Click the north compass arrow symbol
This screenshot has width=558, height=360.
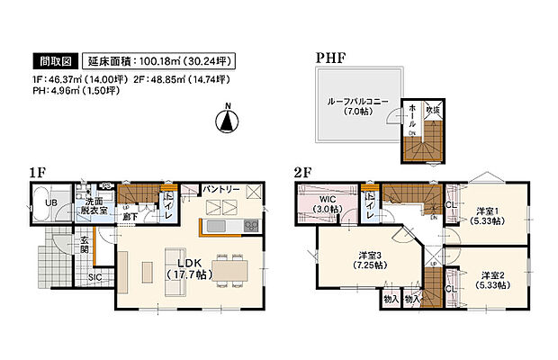pos(228,119)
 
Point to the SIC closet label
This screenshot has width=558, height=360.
pos(94,278)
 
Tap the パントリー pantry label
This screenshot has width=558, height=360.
pos(220,191)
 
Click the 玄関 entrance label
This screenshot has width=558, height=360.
pos(85,246)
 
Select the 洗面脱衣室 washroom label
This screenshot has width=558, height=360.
pos(91,204)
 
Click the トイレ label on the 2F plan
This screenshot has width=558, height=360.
pos(370,209)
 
